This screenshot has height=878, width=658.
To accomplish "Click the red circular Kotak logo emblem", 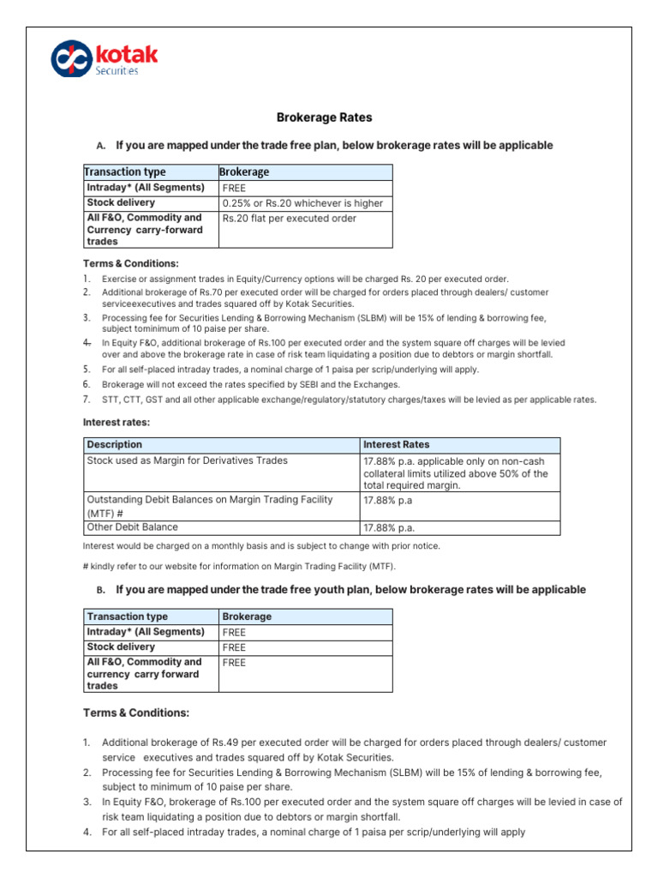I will pyautogui.click(x=70, y=59).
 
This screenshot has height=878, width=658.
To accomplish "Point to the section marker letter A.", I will pyautogui.click(x=101, y=146).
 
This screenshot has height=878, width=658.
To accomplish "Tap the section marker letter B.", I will pyautogui.click(x=101, y=591).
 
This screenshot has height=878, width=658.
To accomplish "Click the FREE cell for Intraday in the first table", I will pyautogui.click(x=234, y=188).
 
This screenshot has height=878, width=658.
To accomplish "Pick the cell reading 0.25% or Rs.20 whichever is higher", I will pyautogui.click(x=302, y=203).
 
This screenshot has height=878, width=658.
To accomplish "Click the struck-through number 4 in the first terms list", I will pyautogui.click(x=87, y=342).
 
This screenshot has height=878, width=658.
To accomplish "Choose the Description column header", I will pyautogui.click(x=115, y=445).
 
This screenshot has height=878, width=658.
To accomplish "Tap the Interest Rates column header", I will pyautogui.click(x=396, y=445).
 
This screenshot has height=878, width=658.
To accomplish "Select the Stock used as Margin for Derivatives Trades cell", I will pyautogui.click(x=188, y=460).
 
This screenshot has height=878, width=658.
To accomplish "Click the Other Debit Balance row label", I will pyautogui.click(x=133, y=527).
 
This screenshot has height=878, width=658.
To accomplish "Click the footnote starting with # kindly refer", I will pyautogui.click(x=239, y=567).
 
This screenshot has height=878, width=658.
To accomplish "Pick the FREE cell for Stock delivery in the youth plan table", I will pyautogui.click(x=234, y=647).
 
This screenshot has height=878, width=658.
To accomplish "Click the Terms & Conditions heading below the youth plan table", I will pyautogui.click(x=135, y=713).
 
